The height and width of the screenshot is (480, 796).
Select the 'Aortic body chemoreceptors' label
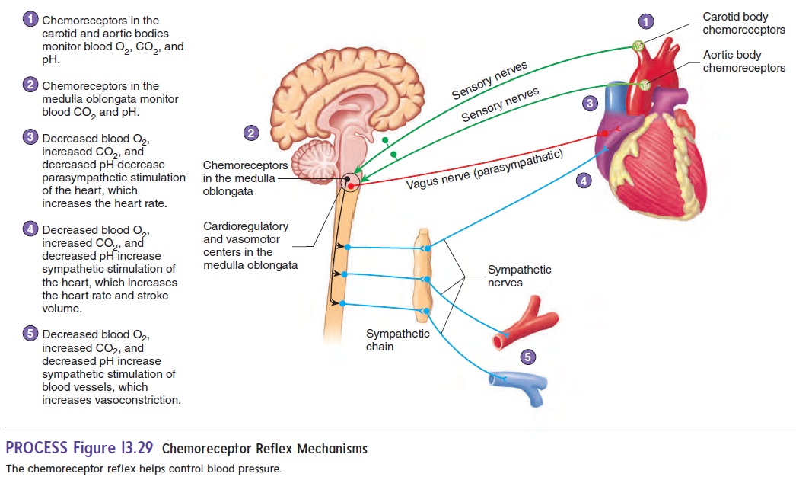pos(743,62)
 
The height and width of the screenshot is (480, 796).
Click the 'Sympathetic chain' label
pos(397,340)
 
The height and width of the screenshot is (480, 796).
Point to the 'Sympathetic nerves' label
pos(519,276)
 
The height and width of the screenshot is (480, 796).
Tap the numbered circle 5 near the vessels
pos(528,357)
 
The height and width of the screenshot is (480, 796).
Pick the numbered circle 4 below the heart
pos(583,181)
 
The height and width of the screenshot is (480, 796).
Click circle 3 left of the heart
pos(589,103)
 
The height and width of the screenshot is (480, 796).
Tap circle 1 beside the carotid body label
pos(646,22)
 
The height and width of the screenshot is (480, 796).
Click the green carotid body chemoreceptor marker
pos(638,45)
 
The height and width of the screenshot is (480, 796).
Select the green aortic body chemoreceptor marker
pos(645,84)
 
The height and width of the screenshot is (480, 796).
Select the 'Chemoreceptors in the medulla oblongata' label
pos(245,178)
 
